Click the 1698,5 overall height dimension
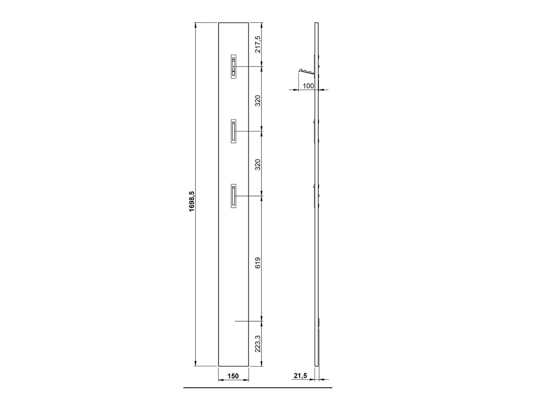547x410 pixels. [x=192, y=202]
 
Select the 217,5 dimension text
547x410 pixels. [x=258, y=44]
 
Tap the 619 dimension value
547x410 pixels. [x=258, y=263]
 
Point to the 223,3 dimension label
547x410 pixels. [x=258, y=344]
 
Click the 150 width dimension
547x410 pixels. [x=233, y=376]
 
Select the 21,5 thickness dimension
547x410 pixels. [x=300, y=376]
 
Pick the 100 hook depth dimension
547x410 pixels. [x=308, y=86]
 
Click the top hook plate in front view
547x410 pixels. [x=233, y=67]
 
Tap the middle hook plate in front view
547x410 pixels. [x=233, y=131]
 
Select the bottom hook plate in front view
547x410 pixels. [x=233, y=196]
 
